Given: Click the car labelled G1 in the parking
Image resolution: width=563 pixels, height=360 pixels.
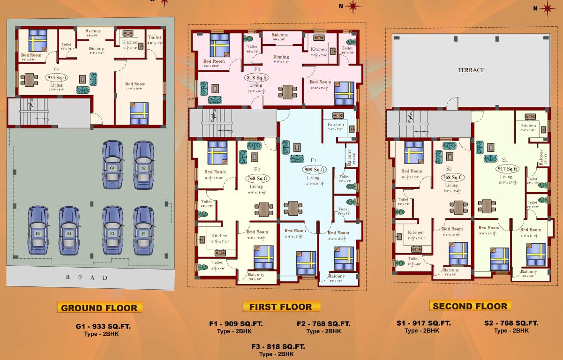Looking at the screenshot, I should click(113, 165).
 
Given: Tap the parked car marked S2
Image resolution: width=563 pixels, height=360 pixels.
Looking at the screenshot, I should click(143, 165).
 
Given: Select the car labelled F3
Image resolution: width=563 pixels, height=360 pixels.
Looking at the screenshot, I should click(38, 231).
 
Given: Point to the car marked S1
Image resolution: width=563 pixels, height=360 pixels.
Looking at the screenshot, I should click(69, 231).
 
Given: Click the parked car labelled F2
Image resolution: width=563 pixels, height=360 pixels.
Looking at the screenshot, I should click(113, 231).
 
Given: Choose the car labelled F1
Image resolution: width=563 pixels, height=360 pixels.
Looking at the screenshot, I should click(143, 231).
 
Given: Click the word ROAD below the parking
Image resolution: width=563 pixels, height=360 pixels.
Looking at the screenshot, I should click(86, 277).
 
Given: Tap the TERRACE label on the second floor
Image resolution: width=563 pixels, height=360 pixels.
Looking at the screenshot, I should click(471, 70).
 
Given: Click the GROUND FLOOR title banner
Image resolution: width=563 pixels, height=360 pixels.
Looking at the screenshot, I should click(99, 308).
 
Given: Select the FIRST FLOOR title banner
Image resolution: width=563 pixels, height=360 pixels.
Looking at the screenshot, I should click(281, 307).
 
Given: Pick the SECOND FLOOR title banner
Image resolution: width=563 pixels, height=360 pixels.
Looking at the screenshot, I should click(470, 306).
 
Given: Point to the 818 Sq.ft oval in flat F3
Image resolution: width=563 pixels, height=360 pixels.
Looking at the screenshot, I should click(256, 78).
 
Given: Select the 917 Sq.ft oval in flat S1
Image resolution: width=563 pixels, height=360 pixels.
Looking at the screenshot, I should click(507, 169).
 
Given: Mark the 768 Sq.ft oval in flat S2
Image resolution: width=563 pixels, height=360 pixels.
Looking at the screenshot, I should click(451, 177).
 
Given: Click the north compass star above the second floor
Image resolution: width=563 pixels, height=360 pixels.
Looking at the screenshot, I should click(546, 7).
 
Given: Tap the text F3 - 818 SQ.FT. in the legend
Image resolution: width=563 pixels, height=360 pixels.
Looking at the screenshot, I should click(278, 346).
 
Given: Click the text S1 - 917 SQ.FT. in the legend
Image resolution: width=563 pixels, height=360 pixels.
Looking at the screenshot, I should click(423, 323).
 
